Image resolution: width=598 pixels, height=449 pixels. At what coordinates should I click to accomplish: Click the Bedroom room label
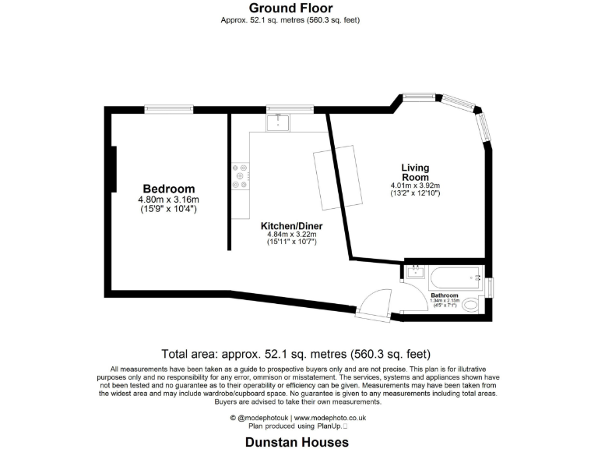point(168,189)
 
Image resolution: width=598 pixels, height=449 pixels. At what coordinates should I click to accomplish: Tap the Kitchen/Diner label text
point(291,226)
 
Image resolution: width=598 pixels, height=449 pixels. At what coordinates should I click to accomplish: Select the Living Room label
point(415,172)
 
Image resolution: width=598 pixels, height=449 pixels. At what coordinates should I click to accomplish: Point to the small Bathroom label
point(445,295)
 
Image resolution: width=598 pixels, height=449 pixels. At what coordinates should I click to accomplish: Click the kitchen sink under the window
point(278,122)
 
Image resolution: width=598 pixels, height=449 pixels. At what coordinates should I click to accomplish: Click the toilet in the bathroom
point(471,306)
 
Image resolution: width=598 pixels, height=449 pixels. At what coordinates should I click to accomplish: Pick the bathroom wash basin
point(415,272)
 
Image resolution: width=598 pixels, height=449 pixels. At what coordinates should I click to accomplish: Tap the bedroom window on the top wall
point(169,110)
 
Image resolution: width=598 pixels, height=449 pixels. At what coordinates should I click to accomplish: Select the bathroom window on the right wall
point(490,287)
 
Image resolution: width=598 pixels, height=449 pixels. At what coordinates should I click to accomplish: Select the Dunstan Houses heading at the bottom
point(297,441)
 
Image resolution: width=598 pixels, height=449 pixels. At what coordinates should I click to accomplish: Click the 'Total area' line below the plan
point(295,353)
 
